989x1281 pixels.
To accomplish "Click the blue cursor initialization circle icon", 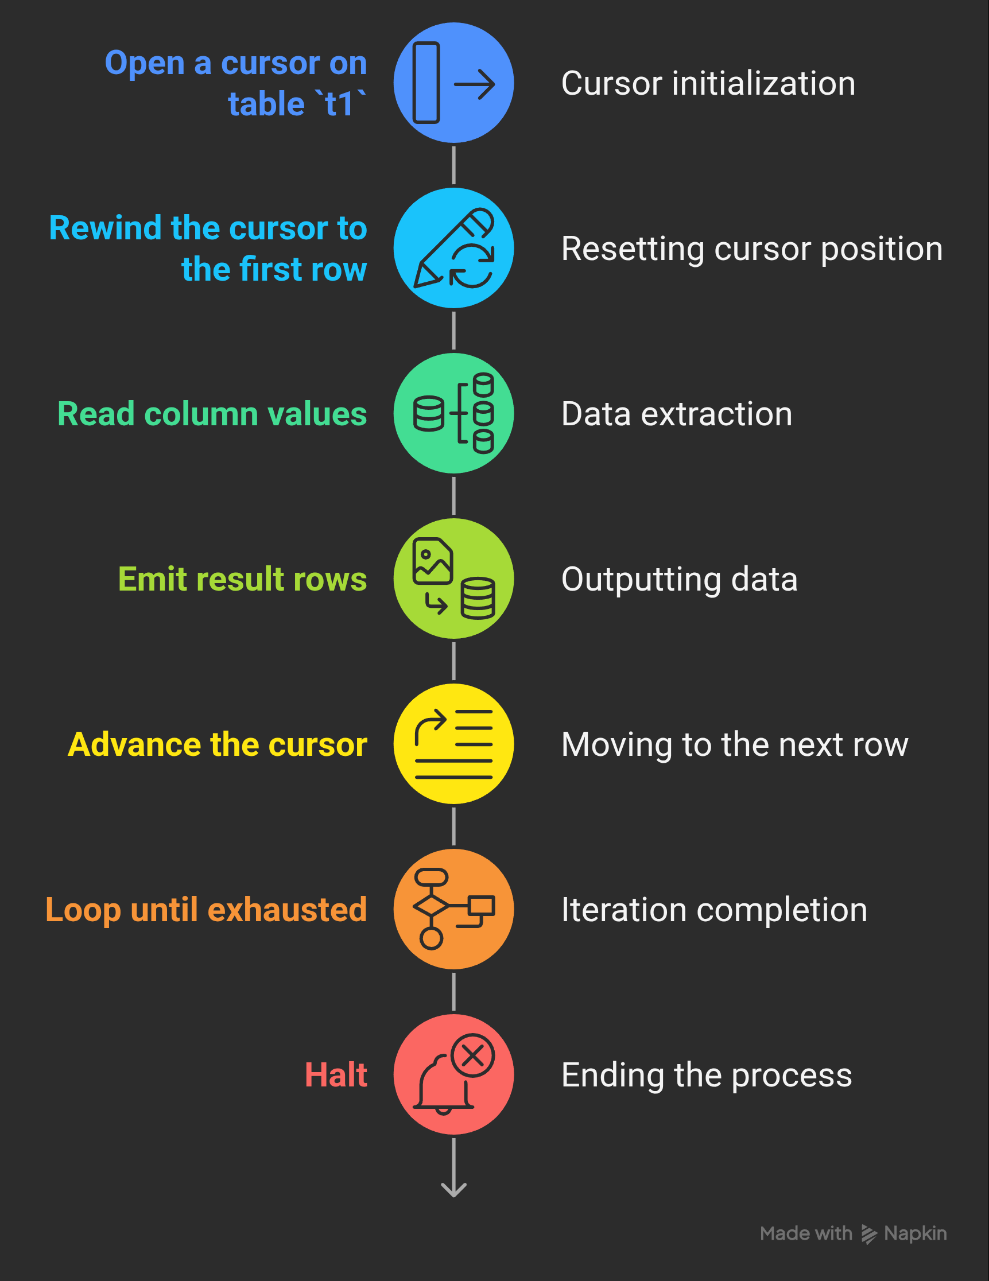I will [x=453, y=83].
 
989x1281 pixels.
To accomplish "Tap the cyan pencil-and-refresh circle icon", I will [x=453, y=248].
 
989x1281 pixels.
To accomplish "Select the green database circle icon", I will [x=453, y=413].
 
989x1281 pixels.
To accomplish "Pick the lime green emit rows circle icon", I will [x=453, y=579].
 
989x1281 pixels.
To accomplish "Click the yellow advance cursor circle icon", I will [x=453, y=744].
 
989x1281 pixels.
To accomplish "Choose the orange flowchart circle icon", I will [x=453, y=909].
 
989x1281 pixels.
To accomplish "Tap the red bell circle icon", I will [x=453, y=1074].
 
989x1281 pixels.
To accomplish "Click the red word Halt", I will [x=336, y=1075].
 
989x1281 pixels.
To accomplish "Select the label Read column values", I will [x=212, y=414].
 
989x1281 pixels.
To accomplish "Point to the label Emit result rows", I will [x=242, y=580].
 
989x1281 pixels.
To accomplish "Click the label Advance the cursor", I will [x=217, y=745].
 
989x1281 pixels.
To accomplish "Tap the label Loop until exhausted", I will [x=206, y=910].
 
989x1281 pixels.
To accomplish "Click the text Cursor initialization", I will [x=708, y=83].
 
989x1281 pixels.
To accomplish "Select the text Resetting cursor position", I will [x=751, y=249].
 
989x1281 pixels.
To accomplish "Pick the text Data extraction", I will [x=676, y=414].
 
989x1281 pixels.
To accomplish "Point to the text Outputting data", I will [x=679, y=580].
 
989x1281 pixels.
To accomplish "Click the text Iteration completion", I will [x=714, y=910].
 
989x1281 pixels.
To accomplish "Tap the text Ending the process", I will [x=706, y=1075].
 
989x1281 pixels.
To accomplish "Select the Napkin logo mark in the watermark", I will [x=869, y=1234].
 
